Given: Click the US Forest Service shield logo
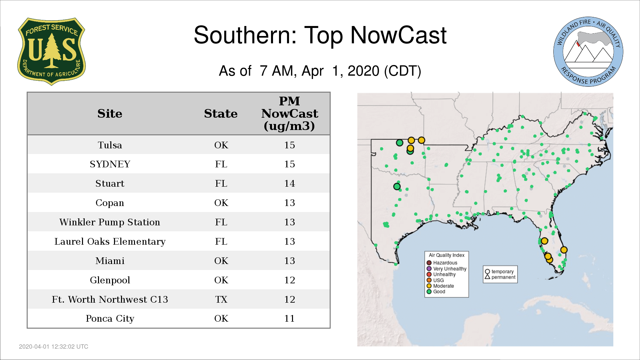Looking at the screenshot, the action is pos(51,51).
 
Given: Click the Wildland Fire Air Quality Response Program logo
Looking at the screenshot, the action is pos(588,52).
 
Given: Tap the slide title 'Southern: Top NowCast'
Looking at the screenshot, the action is pos(320,35).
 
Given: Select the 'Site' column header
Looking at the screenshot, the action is pos(110,114).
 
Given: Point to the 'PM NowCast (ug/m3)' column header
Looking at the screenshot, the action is pos(289,113).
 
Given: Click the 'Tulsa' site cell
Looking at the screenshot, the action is pos(110,145).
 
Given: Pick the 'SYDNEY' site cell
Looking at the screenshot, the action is pos(110,164).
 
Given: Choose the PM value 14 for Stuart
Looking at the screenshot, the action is pos(289,183).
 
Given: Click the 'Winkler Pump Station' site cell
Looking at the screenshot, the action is pos(110,222).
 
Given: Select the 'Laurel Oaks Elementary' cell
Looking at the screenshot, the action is pos(110,241).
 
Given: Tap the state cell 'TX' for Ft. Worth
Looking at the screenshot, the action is pos(221,299).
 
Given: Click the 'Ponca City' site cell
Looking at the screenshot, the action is pos(110,319).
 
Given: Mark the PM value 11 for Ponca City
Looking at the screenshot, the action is pos(289,318).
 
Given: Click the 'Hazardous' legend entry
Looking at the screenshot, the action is pos(442,263).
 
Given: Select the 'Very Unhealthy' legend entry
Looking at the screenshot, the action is pos(447,269).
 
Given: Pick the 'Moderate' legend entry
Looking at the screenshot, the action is pos(440,286).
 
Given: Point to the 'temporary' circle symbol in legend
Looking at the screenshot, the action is pos(487,272).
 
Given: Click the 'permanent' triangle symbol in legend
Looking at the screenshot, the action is pos(487,277).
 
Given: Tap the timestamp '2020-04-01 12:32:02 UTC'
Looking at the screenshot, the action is pos(54,347).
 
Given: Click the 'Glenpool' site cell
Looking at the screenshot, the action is pos(110,280).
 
